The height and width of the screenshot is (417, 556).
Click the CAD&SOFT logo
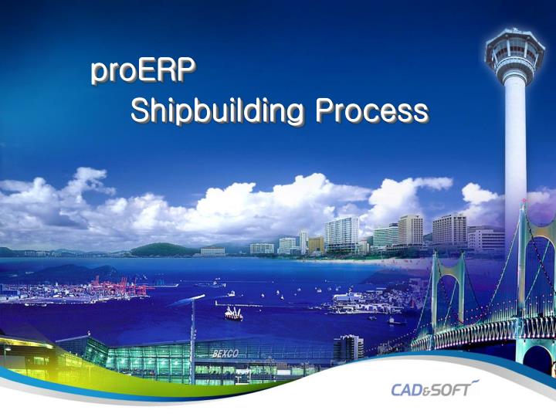click(x=435, y=388)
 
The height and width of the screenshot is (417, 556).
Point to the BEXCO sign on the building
click(x=225, y=354)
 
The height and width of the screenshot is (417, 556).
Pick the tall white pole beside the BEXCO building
click(x=192, y=340)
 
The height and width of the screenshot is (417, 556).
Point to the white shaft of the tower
click(x=514, y=139)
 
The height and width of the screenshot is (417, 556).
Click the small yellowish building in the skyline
click(x=316, y=245)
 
